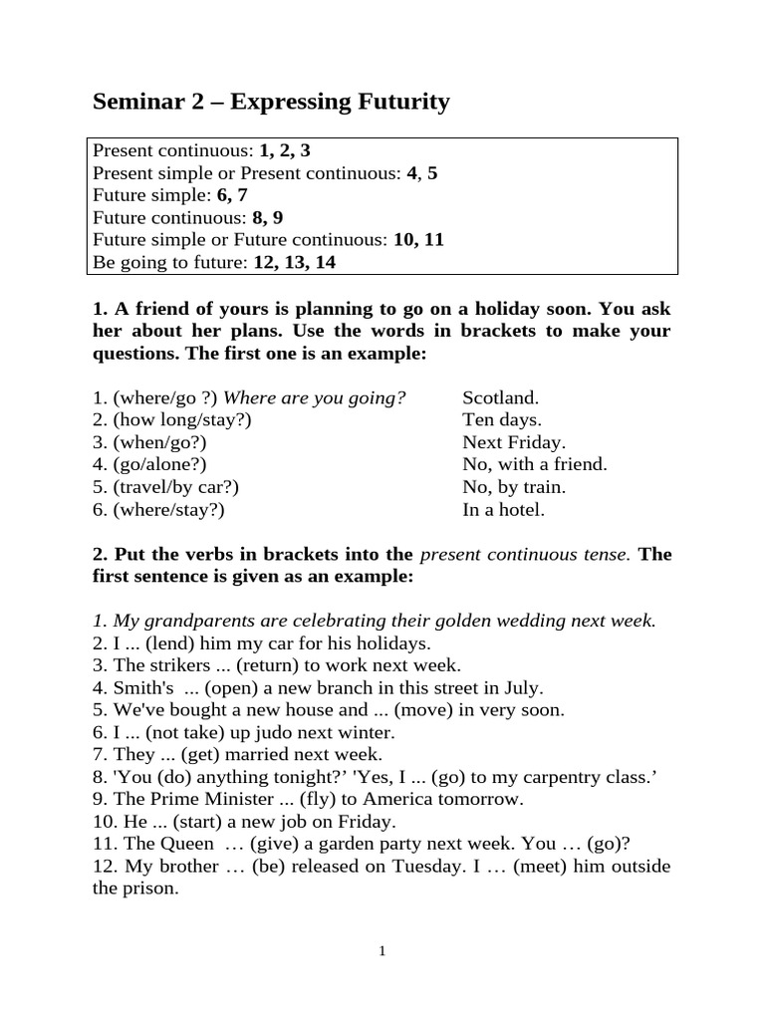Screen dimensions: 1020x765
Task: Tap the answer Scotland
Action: pyautogui.click(x=500, y=396)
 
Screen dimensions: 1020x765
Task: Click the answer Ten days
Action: pyautogui.click(x=502, y=419)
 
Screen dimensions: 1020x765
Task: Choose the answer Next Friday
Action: pyautogui.click(x=513, y=442)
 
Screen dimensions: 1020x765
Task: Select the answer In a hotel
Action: pyautogui.click(x=503, y=510)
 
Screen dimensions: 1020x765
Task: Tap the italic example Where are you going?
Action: pyautogui.click(x=317, y=396)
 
